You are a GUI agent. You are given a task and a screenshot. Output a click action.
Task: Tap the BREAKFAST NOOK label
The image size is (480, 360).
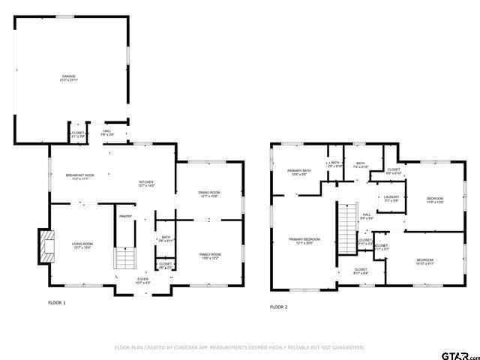pyautogui.click(x=79, y=177)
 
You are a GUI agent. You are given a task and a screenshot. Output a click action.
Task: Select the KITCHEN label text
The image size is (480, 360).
pyautogui.click(x=146, y=184)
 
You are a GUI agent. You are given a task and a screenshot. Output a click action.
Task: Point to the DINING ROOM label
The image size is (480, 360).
pyautogui.click(x=208, y=194)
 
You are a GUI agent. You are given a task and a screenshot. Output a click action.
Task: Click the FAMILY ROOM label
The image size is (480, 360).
pyautogui.click(x=209, y=256)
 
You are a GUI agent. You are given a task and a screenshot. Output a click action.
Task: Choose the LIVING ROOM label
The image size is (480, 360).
pyautogui.click(x=82, y=245)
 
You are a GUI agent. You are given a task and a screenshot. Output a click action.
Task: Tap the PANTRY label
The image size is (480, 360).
pyautogui.click(x=124, y=216)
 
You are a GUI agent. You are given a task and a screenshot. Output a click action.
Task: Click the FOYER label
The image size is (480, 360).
pyautogui.click(x=142, y=280)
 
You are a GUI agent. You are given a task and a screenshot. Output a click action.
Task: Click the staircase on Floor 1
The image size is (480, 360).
pyautogui.click(x=124, y=259)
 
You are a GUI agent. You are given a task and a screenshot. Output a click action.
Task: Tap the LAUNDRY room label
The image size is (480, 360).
pyautogui.click(x=391, y=199)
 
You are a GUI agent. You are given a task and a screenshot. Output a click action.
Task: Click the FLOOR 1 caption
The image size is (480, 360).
pyautogui.click(x=57, y=303)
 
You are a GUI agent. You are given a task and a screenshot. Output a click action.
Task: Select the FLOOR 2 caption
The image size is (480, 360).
pyautogui.click(x=278, y=307)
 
